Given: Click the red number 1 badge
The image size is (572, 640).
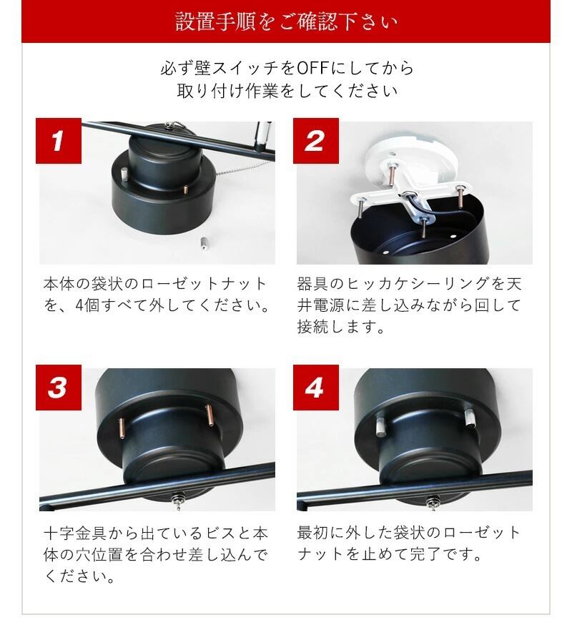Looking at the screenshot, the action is pyautogui.click(x=59, y=141).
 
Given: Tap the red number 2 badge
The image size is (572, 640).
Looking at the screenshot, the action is pyautogui.click(x=316, y=141).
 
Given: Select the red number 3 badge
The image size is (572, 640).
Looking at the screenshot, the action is pyautogui.click(x=59, y=388).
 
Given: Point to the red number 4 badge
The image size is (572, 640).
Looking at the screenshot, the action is pyautogui.click(x=316, y=388).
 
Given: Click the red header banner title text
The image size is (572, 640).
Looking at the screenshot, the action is pyautogui.click(x=287, y=21).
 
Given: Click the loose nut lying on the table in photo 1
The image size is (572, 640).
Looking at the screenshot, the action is pyautogui.click(x=204, y=242).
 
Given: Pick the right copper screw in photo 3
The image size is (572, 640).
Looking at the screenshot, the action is pyautogui.click(x=210, y=415).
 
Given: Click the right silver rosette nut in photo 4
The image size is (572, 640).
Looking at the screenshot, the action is pyautogui.click(x=470, y=418).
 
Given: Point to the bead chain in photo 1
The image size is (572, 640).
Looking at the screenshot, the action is pyautogui.click(x=241, y=168).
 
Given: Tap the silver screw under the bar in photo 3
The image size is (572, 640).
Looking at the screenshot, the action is pyautogui.click(x=178, y=501).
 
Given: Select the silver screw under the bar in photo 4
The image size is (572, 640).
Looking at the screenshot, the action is pyautogui.click(x=433, y=502).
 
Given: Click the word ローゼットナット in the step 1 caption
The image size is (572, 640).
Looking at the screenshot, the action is pyautogui.click(x=204, y=284).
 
